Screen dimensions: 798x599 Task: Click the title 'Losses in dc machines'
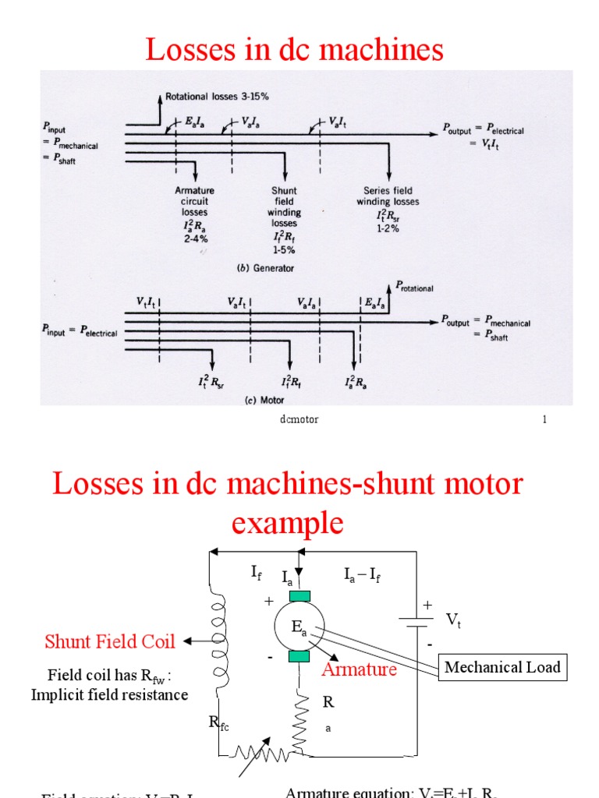tap(294, 50)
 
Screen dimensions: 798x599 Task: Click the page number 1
tap(544, 419)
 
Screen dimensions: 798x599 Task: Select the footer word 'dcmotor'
tap(299, 419)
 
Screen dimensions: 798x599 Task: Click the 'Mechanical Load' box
tap(502, 667)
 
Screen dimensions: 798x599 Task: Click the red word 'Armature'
tap(360, 669)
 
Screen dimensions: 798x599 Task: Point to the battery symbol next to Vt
tap(416, 621)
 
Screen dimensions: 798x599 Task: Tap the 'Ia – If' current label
tap(363, 576)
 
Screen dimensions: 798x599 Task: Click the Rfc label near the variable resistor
tap(218, 723)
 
